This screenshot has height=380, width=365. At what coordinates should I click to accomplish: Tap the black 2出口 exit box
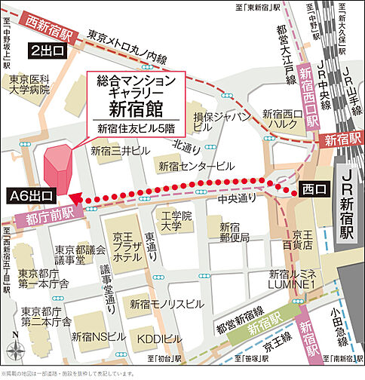[x=47, y=51]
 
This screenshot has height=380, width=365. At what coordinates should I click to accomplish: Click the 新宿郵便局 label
[x=235, y=232]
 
